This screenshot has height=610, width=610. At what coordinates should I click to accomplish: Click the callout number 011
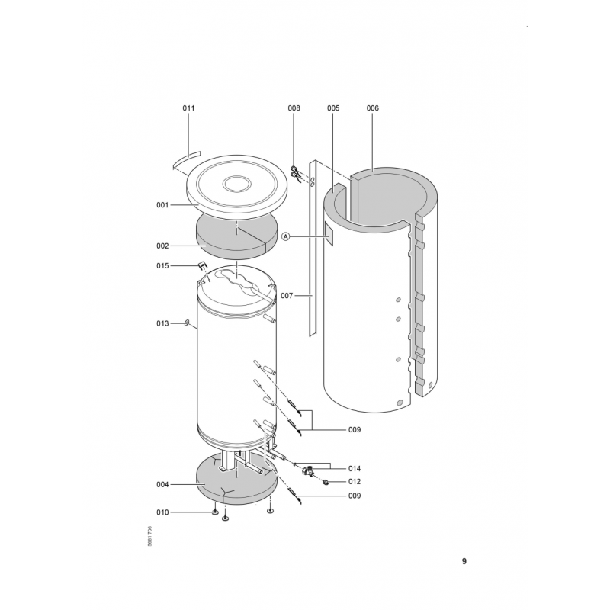188,108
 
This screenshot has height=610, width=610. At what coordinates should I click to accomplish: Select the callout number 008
294,108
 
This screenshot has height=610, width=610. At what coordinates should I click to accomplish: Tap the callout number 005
333,108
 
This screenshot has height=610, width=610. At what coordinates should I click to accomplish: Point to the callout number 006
373,108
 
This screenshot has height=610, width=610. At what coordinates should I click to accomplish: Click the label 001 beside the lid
162,205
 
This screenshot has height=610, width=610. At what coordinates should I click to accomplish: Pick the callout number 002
162,246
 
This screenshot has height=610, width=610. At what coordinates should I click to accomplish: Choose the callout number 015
162,265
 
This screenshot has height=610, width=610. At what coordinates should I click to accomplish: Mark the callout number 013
162,323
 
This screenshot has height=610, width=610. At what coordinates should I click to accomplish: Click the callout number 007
287,296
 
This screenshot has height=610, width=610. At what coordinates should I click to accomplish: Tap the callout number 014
355,468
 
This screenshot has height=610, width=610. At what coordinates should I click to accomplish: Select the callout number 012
355,482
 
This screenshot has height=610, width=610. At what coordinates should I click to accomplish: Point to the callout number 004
162,485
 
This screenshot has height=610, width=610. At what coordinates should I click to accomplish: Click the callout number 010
162,512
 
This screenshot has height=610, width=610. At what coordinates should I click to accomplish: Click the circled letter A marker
286,236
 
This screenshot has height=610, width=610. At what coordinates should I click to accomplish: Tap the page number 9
464,561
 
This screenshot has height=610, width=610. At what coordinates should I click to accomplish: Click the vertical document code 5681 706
149,537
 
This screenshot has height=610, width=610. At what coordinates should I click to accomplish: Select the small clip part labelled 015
202,265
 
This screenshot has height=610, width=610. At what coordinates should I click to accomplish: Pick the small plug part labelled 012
326,483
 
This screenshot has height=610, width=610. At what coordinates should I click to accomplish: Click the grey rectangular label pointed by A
329,234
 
